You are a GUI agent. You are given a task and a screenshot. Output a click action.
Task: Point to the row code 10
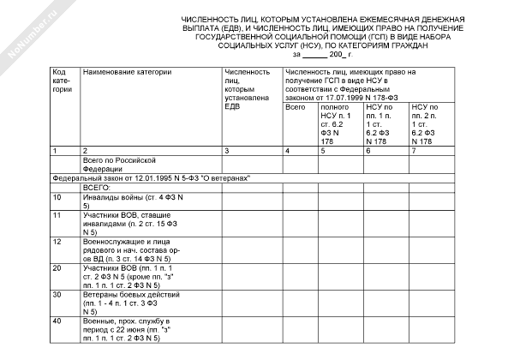[57, 198]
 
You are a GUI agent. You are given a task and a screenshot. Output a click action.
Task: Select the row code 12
[57, 243]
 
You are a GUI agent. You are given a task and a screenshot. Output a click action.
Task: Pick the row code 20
[57, 268]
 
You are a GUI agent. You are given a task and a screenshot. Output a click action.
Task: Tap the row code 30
[57, 294]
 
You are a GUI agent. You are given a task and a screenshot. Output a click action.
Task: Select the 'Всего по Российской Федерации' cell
[120, 164]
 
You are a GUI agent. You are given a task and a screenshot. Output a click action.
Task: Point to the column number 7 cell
[413, 150]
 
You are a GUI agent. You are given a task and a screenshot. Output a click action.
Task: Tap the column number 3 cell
[226, 150]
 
